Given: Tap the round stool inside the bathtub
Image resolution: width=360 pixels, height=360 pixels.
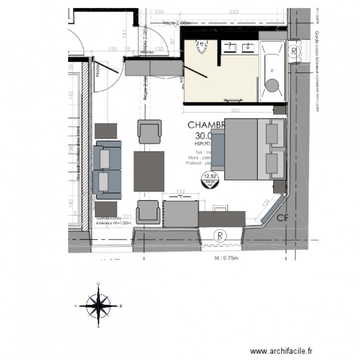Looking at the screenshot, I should click(273, 85).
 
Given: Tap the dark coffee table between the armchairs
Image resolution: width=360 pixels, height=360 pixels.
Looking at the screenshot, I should click(149, 170).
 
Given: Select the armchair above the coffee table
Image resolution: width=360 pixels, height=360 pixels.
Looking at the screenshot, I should click(149, 131).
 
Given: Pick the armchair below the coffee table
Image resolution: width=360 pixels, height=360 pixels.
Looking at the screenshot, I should click(148, 212).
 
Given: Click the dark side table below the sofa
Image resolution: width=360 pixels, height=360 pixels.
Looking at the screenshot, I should click(106, 209).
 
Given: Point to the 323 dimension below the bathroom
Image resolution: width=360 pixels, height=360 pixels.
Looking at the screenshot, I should click(235, 110).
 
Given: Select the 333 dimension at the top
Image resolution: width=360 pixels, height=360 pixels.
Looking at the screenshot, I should click(234, 12).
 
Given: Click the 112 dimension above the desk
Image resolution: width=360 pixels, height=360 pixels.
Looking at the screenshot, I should click(180, 192).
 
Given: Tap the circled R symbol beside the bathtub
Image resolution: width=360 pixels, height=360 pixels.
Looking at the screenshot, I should click(293, 50).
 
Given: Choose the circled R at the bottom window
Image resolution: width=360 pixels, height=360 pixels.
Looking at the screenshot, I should click(219, 236).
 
